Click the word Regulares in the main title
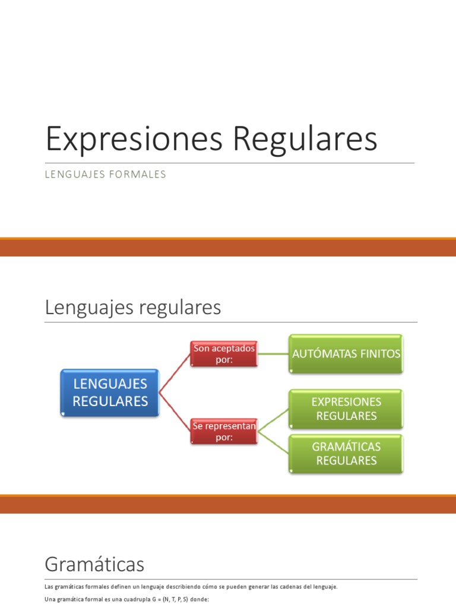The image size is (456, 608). pyautogui.click(x=305, y=140)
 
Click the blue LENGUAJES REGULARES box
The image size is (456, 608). pyautogui.click(x=110, y=392)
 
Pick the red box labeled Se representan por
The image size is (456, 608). pyautogui.click(x=223, y=432)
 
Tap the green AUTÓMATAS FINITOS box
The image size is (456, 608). pyautogui.click(x=346, y=354)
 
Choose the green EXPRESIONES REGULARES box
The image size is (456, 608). pyautogui.click(x=346, y=409)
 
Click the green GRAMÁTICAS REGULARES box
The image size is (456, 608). pyautogui.click(x=346, y=454)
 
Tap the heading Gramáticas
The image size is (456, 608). pyautogui.click(x=94, y=563)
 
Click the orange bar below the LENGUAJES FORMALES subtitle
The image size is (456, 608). pyautogui.click(x=228, y=247)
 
